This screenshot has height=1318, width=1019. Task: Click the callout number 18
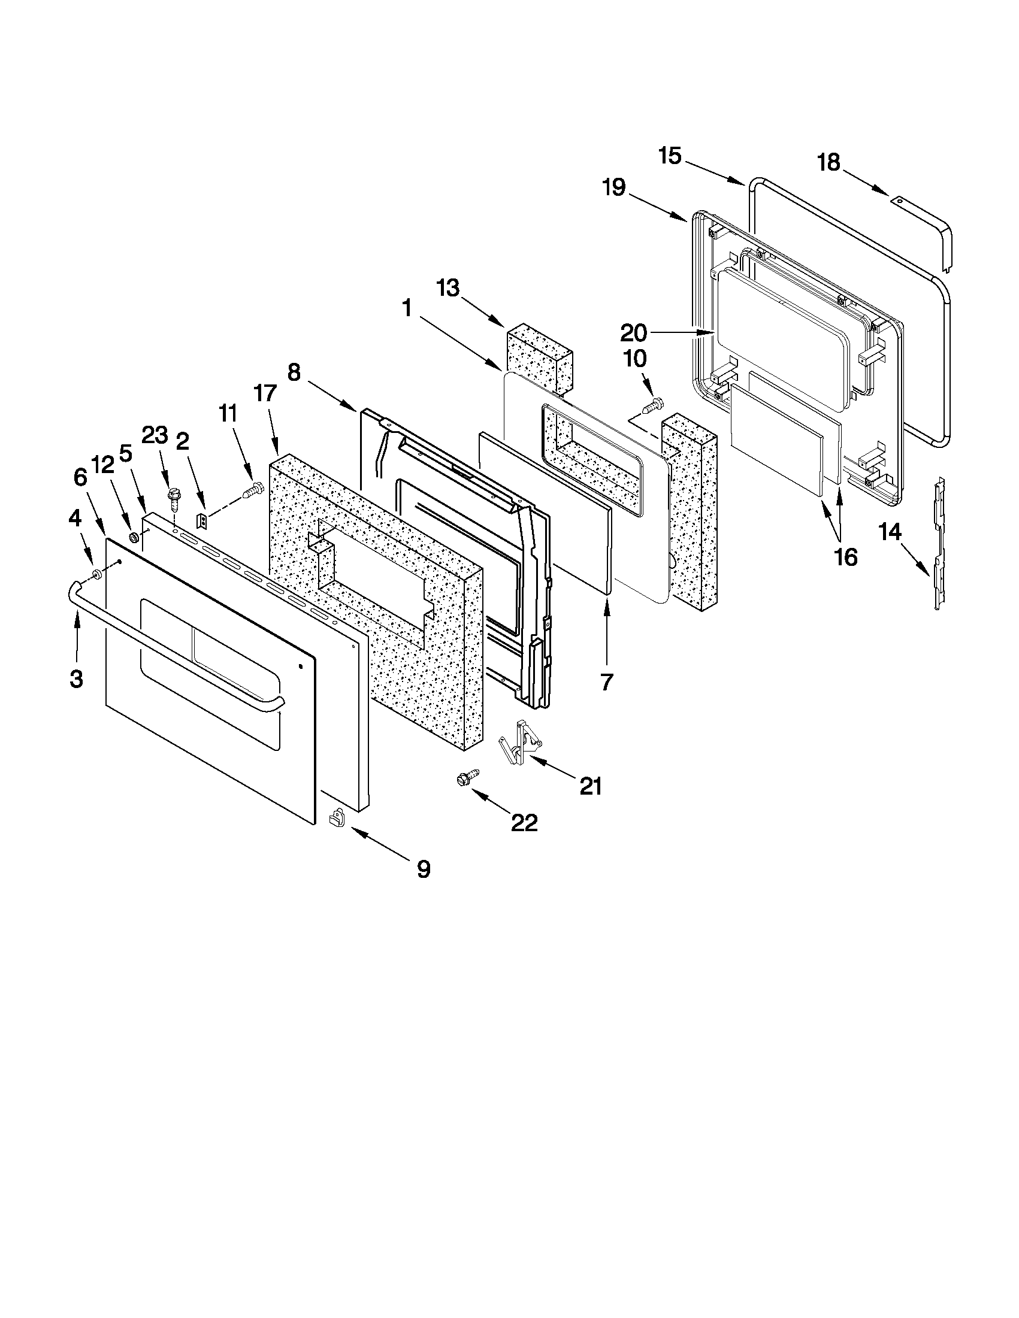click(x=828, y=162)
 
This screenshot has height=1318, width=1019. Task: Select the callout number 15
click(x=670, y=156)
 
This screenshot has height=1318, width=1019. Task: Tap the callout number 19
click(x=613, y=187)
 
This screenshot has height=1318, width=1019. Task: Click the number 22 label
click(x=524, y=823)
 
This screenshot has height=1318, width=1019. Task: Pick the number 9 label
click(x=424, y=869)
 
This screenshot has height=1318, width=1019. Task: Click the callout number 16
click(x=846, y=558)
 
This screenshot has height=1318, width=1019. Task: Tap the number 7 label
click(x=607, y=682)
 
